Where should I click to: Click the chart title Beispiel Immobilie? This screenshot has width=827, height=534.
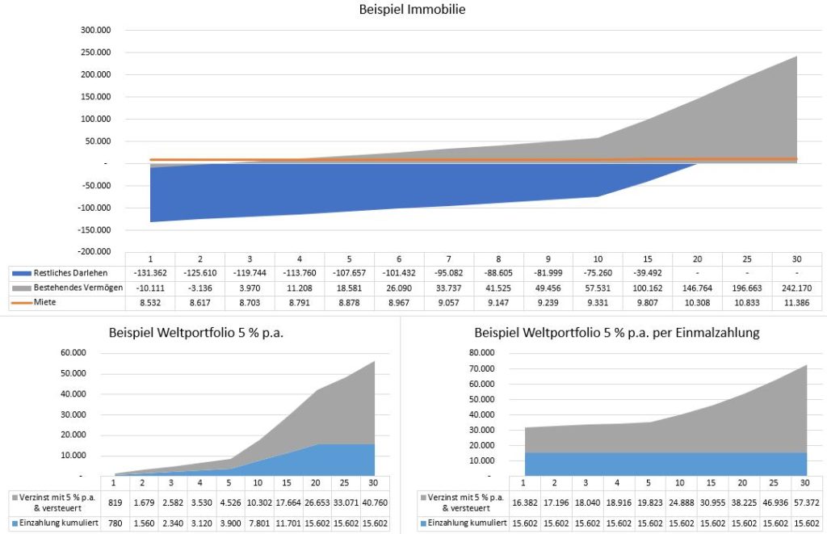pyautogui.click(x=413, y=11)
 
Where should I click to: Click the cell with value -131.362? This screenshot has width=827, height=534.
pyautogui.click(x=150, y=272)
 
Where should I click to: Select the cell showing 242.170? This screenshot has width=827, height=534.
pyautogui.click(x=796, y=287)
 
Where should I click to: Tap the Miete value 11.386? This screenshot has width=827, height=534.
pyautogui.click(x=796, y=301)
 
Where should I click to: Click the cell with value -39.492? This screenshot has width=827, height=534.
pyautogui.click(x=647, y=272)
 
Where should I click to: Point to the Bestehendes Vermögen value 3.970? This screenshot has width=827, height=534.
pyautogui.click(x=250, y=287)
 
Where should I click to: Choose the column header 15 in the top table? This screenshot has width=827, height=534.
pyautogui.click(x=647, y=258)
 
